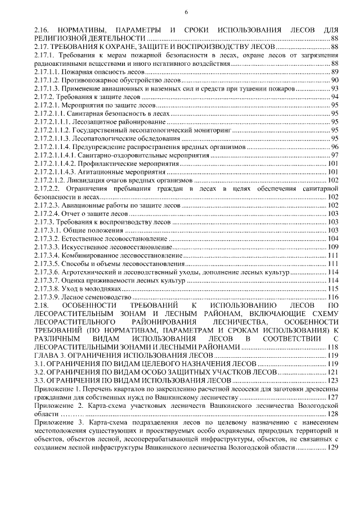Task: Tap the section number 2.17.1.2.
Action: [x=46, y=80]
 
